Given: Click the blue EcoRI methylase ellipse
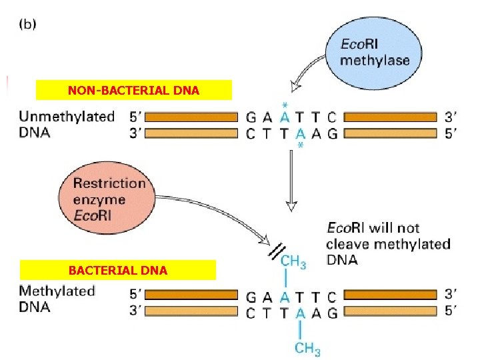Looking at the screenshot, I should click(375, 53).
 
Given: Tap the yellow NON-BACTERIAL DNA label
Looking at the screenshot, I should click(133, 90).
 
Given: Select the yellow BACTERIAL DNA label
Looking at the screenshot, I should click(118, 270).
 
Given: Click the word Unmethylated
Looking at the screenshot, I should click(67, 117).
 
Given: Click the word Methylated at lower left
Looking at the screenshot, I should click(57, 291).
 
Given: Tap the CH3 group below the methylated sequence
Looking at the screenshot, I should click(307, 347).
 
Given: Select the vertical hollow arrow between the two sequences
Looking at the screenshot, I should click(291, 180).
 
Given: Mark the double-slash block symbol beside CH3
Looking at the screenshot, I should click(275, 251).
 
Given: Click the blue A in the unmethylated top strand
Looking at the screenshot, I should click(285, 117).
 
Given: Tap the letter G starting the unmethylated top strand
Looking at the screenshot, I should click(251, 117).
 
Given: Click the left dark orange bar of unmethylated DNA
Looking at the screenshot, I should click(191, 117).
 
